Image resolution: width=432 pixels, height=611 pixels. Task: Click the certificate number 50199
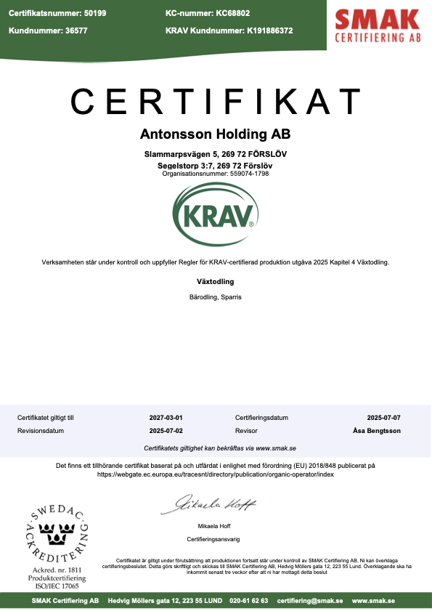click(x=94, y=13)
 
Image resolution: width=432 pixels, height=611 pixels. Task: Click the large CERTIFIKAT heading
click(x=216, y=100)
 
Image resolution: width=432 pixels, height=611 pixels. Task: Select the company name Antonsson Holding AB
click(x=216, y=134)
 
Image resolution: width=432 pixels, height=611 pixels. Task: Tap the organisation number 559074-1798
click(x=238, y=174)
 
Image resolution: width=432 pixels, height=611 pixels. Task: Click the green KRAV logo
click(x=216, y=215)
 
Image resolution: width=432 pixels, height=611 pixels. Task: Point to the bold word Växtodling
click(x=216, y=280)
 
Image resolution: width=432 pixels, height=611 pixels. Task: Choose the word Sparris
click(x=232, y=297)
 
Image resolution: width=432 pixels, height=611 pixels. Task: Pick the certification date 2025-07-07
click(x=383, y=418)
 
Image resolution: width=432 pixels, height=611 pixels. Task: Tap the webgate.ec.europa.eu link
click(x=216, y=474)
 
